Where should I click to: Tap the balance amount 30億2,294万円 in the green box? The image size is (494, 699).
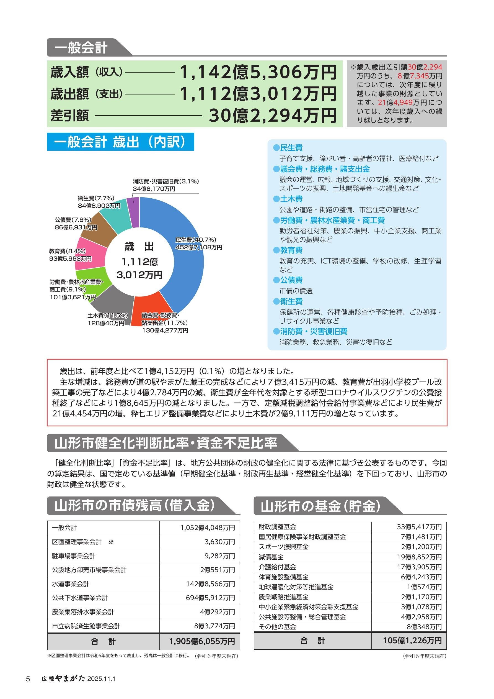pyautogui.click(x=273, y=116)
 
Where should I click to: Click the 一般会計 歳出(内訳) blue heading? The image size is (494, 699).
pyautogui.click(x=120, y=142)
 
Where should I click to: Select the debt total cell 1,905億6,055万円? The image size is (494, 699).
pyautogui.click(x=202, y=641)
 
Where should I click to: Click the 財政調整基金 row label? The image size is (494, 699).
pyautogui.click(x=277, y=527)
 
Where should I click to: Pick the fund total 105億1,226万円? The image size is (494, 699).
pyautogui.click(x=412, y=641)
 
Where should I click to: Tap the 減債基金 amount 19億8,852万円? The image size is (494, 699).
pyautogui.click(x=421, y=557)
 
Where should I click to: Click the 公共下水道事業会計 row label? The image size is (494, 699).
pyautogui.click(x=80, y=598)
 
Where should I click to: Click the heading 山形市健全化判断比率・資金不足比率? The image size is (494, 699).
pyautogui.click(x=166, y=443)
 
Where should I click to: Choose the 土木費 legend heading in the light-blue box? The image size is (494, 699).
pyautogui.click(x=291, y=199)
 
